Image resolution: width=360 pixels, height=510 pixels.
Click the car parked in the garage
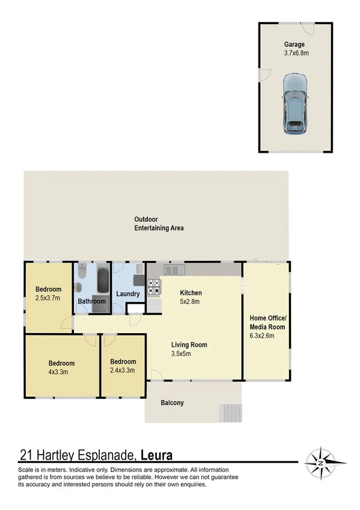pos(294,103)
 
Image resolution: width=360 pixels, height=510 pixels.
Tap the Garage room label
pos(294,45)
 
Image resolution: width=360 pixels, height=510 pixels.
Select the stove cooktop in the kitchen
pos(154,287)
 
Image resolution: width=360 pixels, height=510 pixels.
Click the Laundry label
pos(129,294)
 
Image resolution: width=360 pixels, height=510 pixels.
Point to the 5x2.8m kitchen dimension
pos(189,302)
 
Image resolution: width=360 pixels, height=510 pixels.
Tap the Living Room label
pos(189,345)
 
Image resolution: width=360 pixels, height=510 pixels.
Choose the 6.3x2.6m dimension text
pos(262,336)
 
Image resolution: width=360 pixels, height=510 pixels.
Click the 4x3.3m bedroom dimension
pos(61,372)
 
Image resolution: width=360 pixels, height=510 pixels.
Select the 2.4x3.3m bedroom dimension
pos(123,370)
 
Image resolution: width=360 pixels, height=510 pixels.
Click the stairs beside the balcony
pos(231,413)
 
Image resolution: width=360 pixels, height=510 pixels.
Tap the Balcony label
pos(172,403)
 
